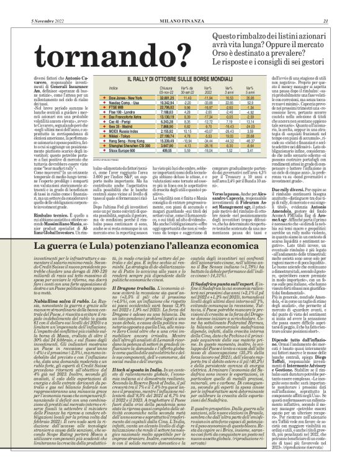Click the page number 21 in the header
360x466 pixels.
(351, 6)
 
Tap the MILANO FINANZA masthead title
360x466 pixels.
(179, 6)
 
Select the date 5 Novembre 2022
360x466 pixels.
(29, 6)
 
